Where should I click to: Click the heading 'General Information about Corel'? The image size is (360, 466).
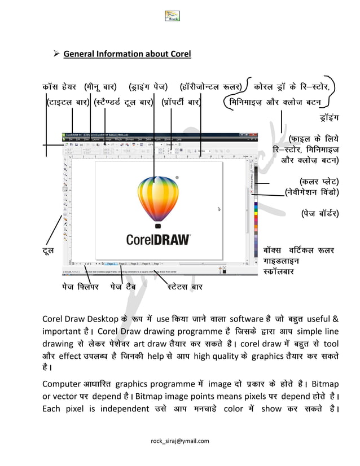[x=127, y=54]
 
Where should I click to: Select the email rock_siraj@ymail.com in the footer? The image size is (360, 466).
[x=180, y=441]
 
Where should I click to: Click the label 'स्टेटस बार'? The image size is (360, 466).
[x=185, y=287]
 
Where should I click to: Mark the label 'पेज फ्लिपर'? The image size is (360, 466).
[x=80, y=287]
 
